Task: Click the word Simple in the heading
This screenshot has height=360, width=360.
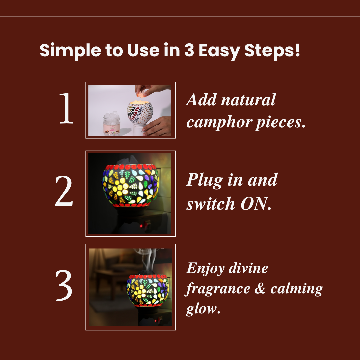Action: (70, 51)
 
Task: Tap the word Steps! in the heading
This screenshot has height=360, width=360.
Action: (272, 51)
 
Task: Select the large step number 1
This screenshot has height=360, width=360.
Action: (66, 108)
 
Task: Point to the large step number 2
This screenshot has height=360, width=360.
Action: (64, 191)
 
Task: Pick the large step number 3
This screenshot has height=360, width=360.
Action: (64, 285)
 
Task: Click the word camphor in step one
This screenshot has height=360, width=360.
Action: (219, 123)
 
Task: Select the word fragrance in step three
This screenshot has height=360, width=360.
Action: (217, 289)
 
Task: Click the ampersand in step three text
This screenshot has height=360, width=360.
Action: (260, 288)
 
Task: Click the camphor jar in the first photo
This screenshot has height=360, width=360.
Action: (112, 123)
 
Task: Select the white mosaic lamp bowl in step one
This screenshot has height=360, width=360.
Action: (140, 112)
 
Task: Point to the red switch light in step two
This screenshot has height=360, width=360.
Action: (141, 226)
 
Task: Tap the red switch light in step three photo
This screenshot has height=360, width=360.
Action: (156, 321)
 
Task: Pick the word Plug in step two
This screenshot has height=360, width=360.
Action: (205, 180)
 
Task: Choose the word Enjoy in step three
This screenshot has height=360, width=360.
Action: (205, 268)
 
